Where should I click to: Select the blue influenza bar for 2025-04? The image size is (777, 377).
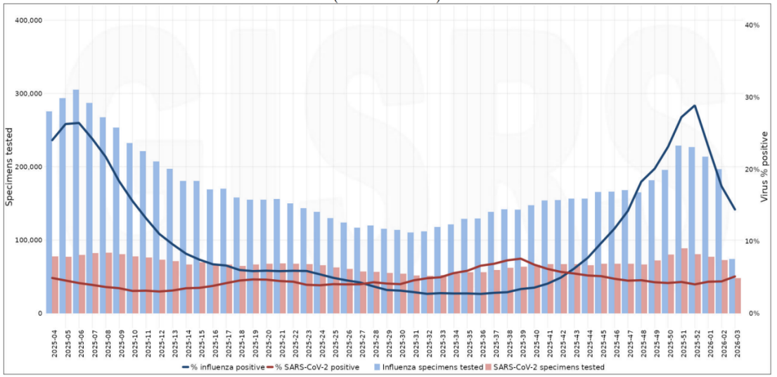pos(49,211)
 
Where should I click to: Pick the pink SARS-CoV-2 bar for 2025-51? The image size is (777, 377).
pos(685,281)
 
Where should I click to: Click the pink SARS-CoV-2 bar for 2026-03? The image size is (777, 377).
pos(738,295)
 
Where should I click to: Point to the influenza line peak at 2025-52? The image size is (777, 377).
pos(695,106)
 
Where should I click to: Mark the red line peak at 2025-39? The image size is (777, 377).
pos(520,259)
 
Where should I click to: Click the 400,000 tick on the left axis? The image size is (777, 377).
pos(29,20)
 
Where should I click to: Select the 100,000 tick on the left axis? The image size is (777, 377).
pos(29,240)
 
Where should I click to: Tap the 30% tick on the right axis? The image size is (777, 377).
pos(752,97)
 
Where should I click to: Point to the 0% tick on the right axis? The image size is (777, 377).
pos(752,313)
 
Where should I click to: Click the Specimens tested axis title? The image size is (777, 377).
pos(10,167)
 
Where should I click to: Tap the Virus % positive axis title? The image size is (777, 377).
pos(764,167)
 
